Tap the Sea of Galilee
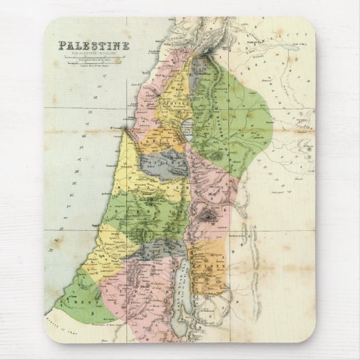click(188, 130)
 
